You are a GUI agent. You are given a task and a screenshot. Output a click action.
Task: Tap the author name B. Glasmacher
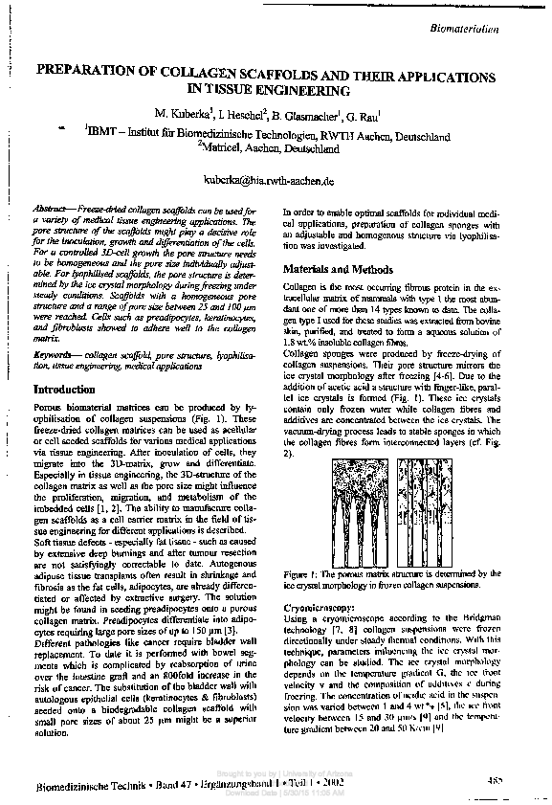point(292,114)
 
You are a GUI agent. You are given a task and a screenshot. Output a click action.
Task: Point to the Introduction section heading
point(64,391)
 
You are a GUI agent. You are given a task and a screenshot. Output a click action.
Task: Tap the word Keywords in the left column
point(55,355)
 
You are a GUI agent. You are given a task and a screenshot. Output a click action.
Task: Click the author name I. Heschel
point(233,114)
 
